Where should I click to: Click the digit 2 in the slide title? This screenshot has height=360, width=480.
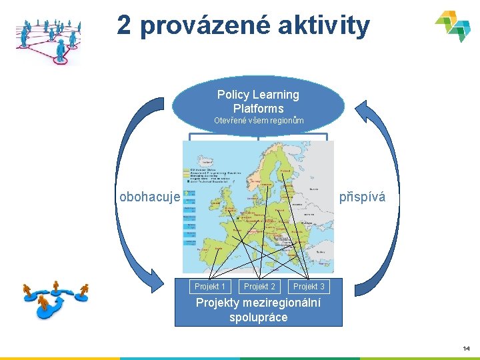coord(125,26)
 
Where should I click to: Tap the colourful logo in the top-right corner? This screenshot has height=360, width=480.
coord(453,26)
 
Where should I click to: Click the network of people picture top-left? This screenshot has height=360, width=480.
coord(47,39)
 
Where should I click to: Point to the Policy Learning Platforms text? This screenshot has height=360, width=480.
coord(258,101)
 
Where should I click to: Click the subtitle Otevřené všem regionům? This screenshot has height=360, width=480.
coord(258,121)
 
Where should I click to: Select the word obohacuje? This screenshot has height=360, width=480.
coord(149,197)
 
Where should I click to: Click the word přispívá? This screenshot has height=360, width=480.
coord(362,197)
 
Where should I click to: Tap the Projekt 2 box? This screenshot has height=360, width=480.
coord(259,287)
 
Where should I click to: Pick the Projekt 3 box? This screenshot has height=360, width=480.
coord(309,287)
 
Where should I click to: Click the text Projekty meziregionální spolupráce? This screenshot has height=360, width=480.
coord(258,310)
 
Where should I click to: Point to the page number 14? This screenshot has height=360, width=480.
coord(466,348)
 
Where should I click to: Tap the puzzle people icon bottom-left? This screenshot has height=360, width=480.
coord(55,299)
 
